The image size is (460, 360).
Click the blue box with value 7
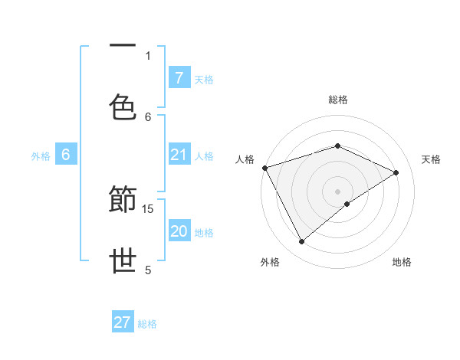[179, 78]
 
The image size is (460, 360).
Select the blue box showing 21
[179, 155]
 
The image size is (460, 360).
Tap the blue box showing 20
[179, 232]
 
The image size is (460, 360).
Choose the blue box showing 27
[123, 322]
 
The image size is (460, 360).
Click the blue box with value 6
[66, 155]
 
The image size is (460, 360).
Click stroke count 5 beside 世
[148, 270]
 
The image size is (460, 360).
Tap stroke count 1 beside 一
[148, 55]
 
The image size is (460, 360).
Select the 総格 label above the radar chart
[337, 100]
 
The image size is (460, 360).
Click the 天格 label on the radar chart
[431, 159]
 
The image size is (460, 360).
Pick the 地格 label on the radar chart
[402, 262]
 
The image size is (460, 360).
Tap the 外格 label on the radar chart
[270, 262]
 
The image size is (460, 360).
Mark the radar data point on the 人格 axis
[264, 168]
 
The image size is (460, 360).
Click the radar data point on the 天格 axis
[396, 172]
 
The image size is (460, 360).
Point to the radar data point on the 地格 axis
[347, 204]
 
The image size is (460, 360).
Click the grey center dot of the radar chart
[337, 191]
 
